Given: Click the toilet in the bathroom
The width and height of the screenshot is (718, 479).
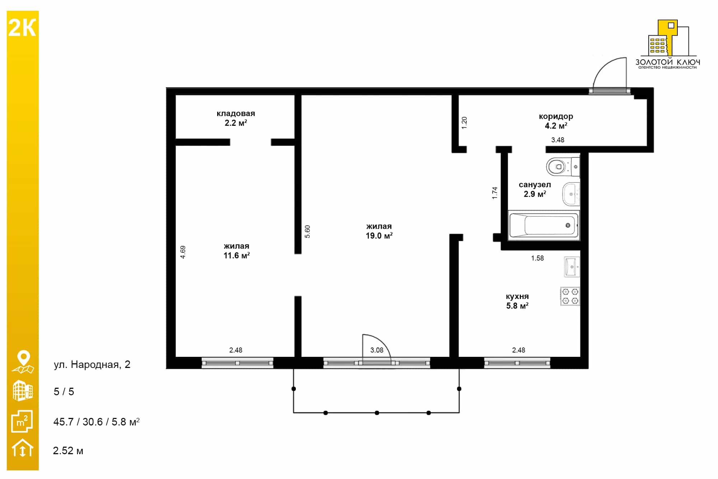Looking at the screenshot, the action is click(563, 166).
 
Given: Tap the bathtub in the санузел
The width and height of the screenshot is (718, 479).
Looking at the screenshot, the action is click(544, 225).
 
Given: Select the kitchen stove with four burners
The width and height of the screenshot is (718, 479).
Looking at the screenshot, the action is click(570, 296).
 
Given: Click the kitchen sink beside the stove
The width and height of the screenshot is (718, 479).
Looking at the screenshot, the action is click(572, 267).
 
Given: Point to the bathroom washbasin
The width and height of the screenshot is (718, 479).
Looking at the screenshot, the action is click(571, 194).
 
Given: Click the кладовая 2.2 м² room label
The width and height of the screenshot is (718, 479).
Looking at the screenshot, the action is click(236, 118).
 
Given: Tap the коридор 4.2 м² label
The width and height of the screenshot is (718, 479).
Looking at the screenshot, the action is click(556, 121).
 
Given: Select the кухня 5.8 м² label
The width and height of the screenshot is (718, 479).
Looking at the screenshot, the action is click(517, 301).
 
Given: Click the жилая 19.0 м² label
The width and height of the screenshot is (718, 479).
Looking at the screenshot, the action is click(379, 231).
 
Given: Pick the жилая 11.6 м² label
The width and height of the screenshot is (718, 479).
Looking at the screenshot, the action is click(237, 251).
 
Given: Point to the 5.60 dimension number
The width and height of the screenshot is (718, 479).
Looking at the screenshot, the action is click(307, 231).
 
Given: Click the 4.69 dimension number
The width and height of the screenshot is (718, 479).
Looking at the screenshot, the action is click(183, 252).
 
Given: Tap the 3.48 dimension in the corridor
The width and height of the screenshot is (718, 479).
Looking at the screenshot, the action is click(558, 140).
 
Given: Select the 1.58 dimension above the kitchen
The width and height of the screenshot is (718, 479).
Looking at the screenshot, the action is click(537, 258).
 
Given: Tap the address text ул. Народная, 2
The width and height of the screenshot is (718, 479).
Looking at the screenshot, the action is click(92, 365).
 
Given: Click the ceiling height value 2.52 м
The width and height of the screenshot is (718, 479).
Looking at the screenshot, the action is click(68, 451).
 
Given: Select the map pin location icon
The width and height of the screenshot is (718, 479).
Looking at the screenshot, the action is click(23, 362).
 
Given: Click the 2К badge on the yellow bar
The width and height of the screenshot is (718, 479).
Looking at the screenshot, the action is click(22, 28).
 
